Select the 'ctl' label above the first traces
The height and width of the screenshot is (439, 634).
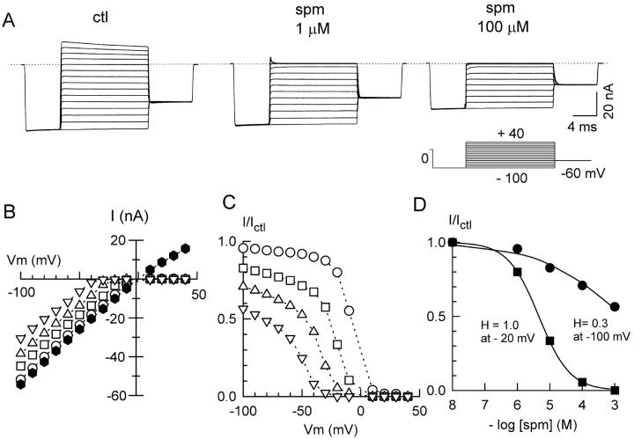101,17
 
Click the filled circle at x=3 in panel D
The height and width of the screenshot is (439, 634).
615,307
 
